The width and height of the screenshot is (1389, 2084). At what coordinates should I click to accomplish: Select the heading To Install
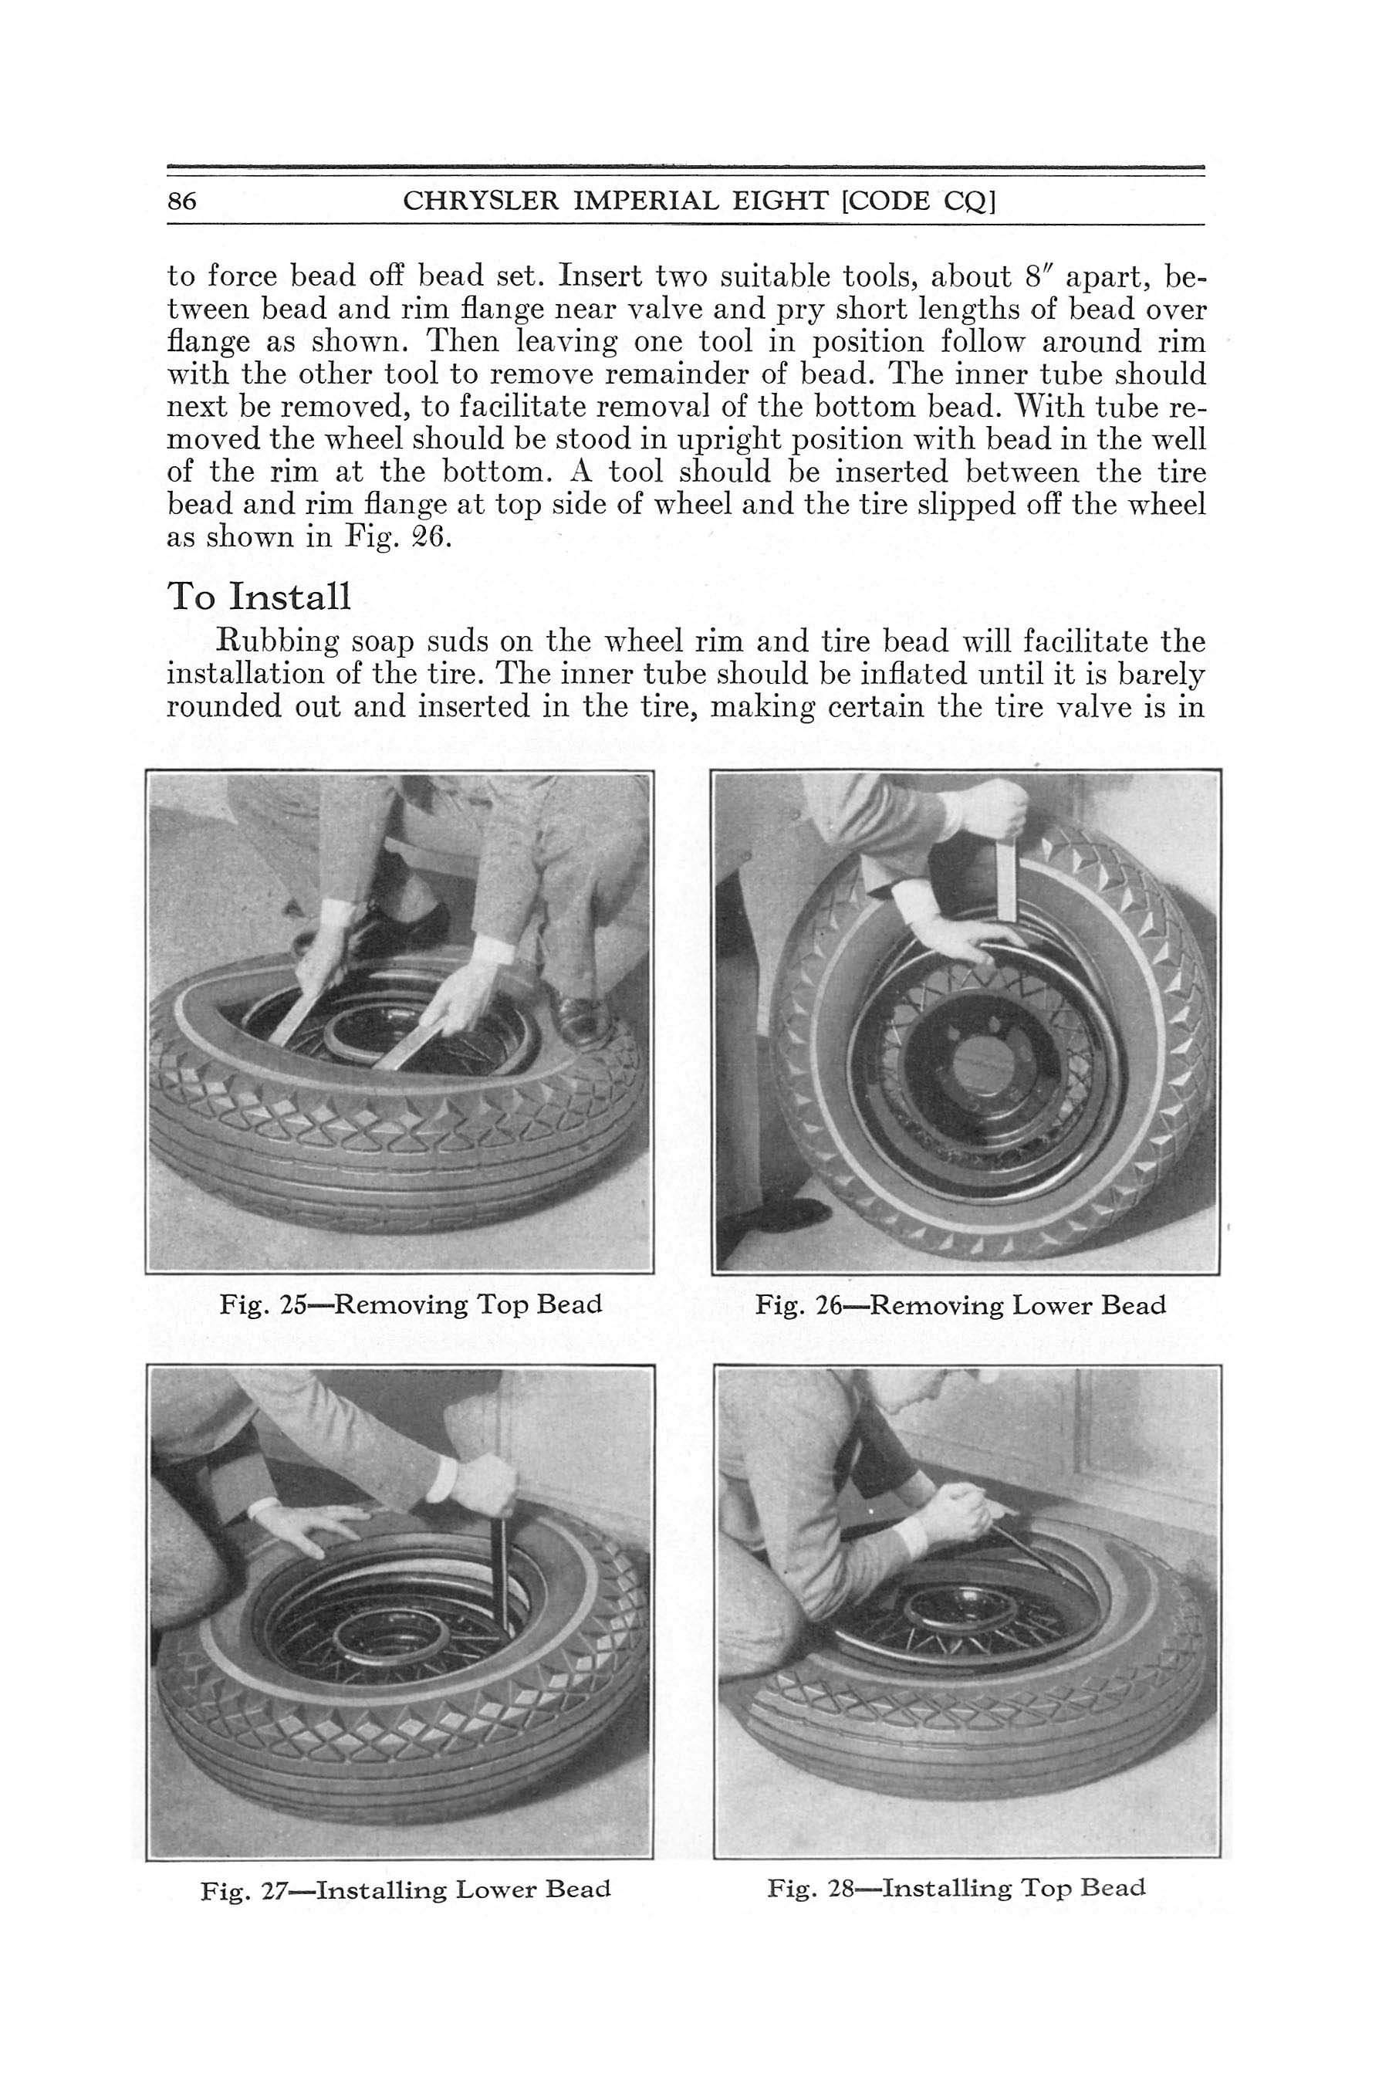pyautogui.click(x=259, y=597)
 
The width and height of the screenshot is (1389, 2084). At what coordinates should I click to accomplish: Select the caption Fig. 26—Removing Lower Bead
pyautogui.click(x=960, y=1305)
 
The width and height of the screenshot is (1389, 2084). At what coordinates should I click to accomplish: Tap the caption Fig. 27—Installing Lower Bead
pyautogui.click(x=406, y=1890)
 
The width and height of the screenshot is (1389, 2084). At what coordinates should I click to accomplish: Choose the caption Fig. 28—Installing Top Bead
pyautogui.click(x=956, y=1888)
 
